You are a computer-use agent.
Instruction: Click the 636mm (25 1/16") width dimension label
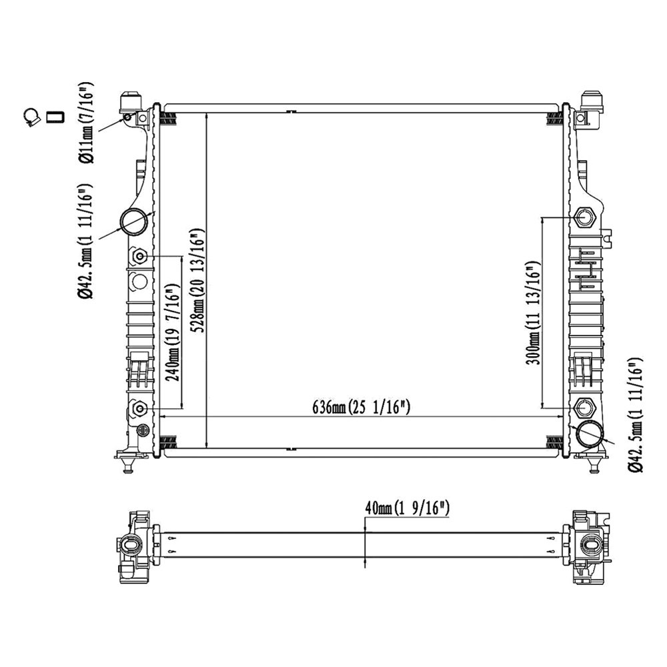pyautogui.click(x=361, y=408)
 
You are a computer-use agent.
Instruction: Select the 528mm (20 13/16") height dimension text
pyautogui.click(x=199, y=281)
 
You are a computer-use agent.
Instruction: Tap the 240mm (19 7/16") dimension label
pyautogui.click(x=173, y=333)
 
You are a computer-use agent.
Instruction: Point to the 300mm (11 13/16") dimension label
pyautogui.click(x=534, y=313)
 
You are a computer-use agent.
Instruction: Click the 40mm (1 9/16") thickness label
pyautogui.click(x=407, y=508)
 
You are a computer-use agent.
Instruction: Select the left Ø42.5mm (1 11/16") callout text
pyautogui.click(x=85, y=241)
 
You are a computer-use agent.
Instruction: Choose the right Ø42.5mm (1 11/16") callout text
pyautogui.click(x=636, y=415)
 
